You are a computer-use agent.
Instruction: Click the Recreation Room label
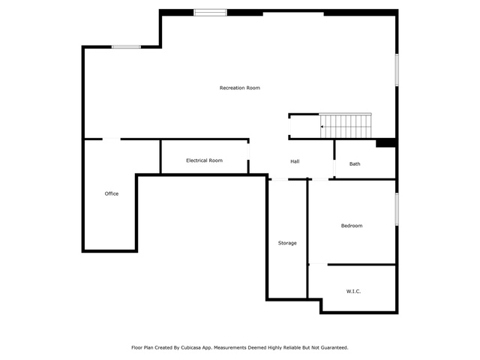[x=240, y=88]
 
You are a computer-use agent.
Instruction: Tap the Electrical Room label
[x=204, y=160]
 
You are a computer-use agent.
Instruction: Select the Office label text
[x=112, y=193]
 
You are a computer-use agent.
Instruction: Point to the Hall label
[x=295, y=161]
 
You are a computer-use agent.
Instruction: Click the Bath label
[x=355, y=163]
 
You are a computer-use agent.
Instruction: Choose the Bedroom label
[x=352, y=226]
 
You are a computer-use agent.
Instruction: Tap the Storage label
[x=287, y=243]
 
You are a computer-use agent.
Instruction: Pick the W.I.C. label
[x=353, y=291]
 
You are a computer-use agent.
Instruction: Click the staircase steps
[x=346, y=126]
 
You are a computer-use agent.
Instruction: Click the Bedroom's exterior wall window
[x=397, y=209]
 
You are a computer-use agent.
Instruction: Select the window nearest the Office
[x=126, y=46]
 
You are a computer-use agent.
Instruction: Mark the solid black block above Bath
[x=385, y=142]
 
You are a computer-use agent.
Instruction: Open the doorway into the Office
[x=111, y=139]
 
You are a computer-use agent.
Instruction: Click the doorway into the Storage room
[x=279, y=179]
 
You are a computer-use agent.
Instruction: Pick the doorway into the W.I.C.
[x=319, y=264]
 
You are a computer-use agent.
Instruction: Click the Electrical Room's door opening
[x=248, y=151]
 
